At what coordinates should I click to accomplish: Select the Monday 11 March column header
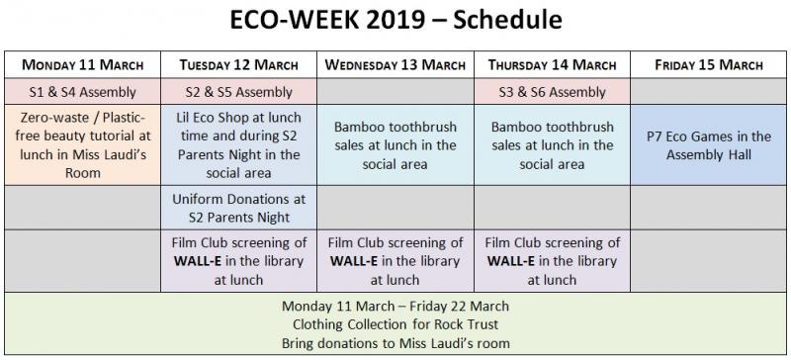click(x=84, y=65)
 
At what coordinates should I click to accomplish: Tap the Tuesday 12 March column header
click(x=239, y=65)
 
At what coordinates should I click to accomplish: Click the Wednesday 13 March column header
click(x=395, y=65)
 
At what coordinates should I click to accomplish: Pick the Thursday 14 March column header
click(x=552, y=65)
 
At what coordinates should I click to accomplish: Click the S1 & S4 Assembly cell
click(x=84, y=92)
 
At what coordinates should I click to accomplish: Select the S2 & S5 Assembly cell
click(x=239, y=92)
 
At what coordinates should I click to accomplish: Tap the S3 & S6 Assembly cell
click(x=552, y=92)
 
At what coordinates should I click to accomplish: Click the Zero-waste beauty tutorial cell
click(x=84, y=144)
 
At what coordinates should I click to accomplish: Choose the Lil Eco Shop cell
click(x=239, y=144)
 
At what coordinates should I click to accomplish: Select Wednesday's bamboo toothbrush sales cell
click(x=395, y=144)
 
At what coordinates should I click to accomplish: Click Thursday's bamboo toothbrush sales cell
click(x=552, y=144)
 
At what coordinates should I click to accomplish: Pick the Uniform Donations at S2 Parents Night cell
click(x=239, y=208)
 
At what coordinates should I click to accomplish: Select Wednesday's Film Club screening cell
click(x=395, y=261)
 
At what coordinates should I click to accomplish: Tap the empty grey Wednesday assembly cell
click(x=395, y=92)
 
